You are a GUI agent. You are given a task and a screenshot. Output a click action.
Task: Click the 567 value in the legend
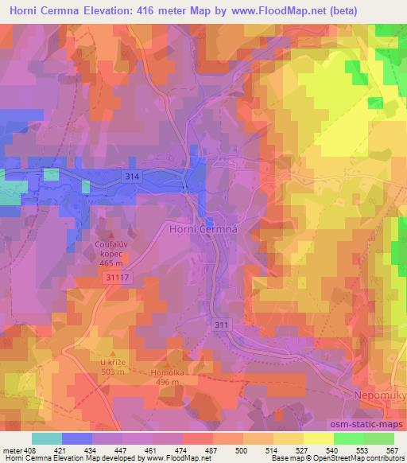[x=391, y=449]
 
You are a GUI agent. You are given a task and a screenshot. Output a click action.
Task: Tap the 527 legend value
[x=302, y=449]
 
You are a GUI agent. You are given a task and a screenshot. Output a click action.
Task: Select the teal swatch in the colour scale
[x=46, y=438]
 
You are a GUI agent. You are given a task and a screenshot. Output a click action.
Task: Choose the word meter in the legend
[x=12, y=449]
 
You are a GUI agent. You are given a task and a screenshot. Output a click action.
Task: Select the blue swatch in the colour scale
[x=76, y=438]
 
